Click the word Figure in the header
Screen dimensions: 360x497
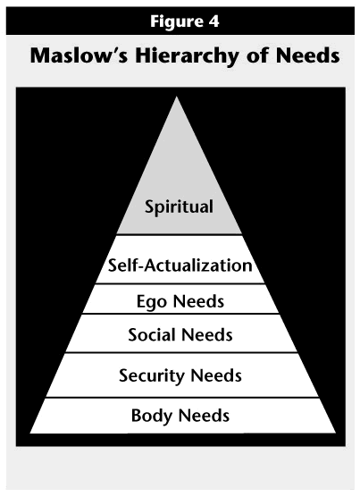tap(175, 21)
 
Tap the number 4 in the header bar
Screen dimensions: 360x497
tap(213, 21)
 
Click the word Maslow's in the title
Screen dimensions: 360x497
tap(80, 55)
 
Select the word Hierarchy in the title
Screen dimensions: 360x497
tap(188, 57)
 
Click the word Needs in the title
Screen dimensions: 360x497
tap(307, 55)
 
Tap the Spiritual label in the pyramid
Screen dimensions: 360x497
tap(179, 207)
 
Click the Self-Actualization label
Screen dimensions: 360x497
tap(180, 265)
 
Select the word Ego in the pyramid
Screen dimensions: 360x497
tap(152, 302)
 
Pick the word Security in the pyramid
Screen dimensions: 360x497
tap(151, 376)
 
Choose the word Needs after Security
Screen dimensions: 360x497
tap(216, 375)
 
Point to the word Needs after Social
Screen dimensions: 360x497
tap(207, 334)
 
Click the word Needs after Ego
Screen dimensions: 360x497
tap(199, 301)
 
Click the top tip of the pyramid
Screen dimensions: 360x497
tap(177, 97)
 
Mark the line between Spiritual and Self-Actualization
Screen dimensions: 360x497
tap(180, 235)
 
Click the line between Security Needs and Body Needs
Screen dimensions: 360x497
tap(182, 398)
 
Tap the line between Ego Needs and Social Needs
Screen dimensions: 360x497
tap(180, 314)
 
